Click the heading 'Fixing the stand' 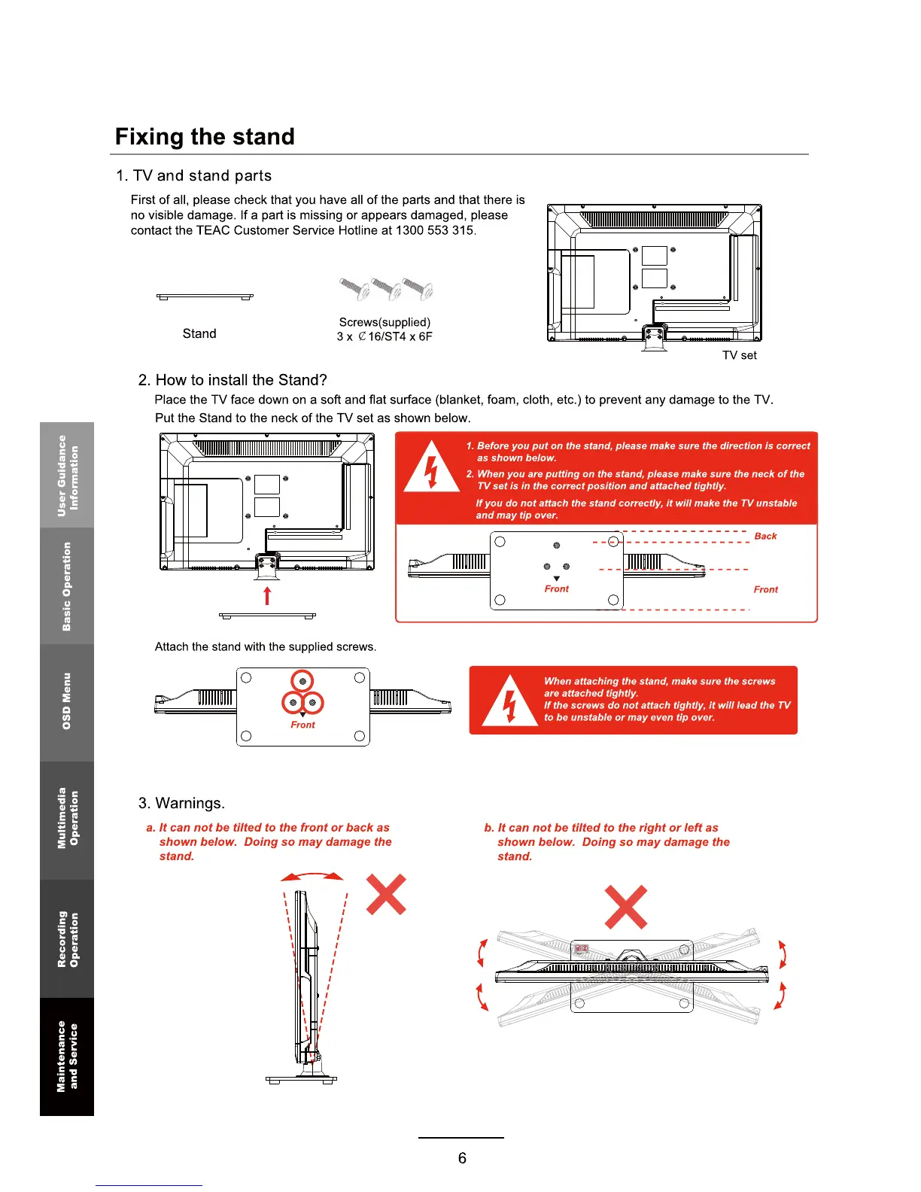point(205,137)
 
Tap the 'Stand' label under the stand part point(199,333)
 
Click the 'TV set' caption point(739,355)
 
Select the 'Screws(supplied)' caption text point(385,322)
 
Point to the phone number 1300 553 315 point(435,230)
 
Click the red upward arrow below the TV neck point(267,596)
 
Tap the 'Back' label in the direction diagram point(765,536)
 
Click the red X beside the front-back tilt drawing point(386,894)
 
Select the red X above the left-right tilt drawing point(626,907)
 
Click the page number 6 point(462,1158)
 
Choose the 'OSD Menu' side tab point(67,701)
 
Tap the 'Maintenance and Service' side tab point(67,1056)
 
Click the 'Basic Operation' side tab point(67,585)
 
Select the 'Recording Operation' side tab point(67,938)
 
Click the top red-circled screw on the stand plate point(302,681)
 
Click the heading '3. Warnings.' point(181,803)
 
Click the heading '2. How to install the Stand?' point(233,380)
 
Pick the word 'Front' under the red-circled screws point(302,725)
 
